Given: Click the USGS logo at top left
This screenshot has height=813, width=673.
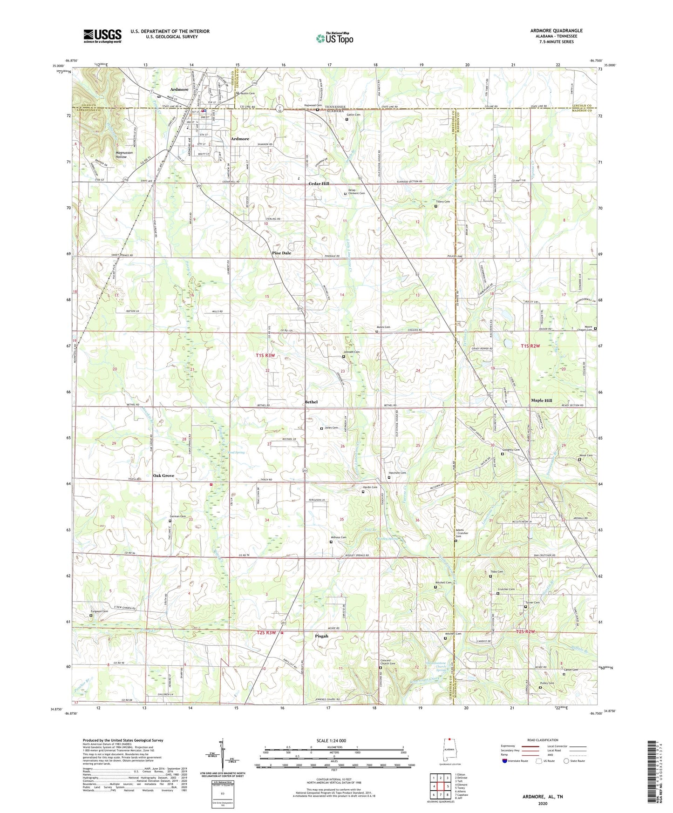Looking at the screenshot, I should pyautogui.click(x=102, y=36).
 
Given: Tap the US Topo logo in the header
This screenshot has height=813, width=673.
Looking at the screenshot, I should pyautogui.click(x=335, y=38).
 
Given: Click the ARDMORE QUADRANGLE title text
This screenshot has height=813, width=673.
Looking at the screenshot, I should pyautogui.click(x=556, y=31).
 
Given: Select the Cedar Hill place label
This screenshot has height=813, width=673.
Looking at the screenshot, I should pyautogui.click(x=319, y=184).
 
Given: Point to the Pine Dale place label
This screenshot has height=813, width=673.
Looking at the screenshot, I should pyautogui.click(x=281, y=253).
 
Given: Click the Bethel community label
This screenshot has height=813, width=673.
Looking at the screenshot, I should pyautogui.click(x=311, y=402).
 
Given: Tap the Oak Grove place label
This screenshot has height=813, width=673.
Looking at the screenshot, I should pyautogui.click(x=163, y=475).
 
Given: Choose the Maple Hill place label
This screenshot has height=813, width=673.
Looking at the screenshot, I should pyautogui.click(x=541, y=400).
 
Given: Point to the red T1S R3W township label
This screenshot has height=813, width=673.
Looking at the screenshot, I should pyautogui.click(x=265, y=356).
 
